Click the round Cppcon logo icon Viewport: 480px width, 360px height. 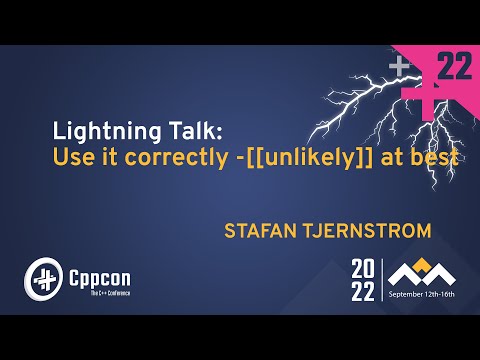click(44, 277)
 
